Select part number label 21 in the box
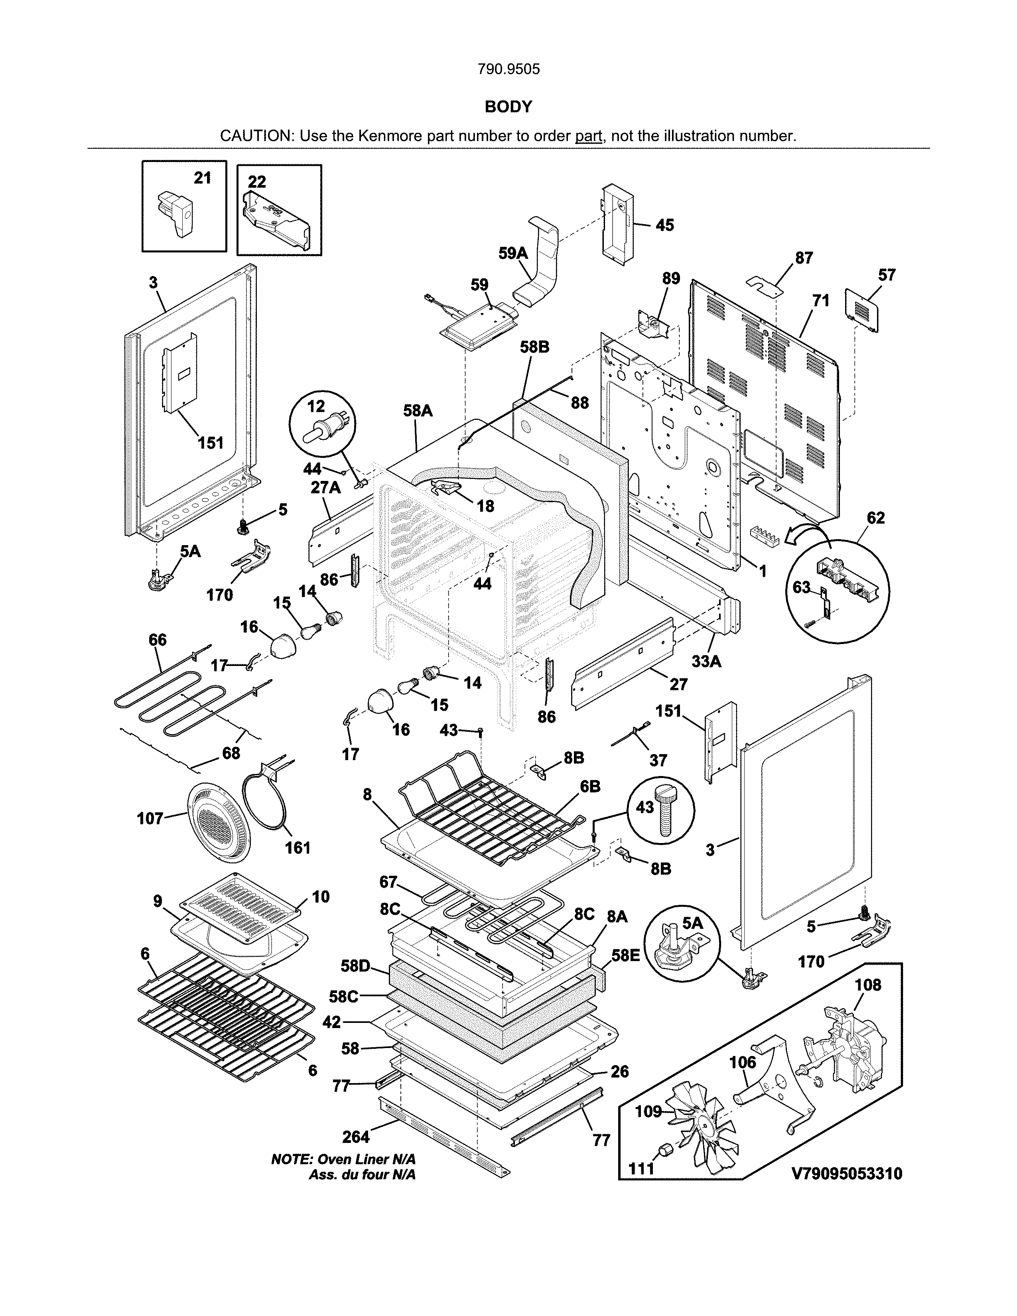(x=203, y=178)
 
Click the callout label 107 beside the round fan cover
(x=150, y=818)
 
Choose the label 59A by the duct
(x=513, y=253)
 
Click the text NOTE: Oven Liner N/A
(x=343, y=1159)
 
